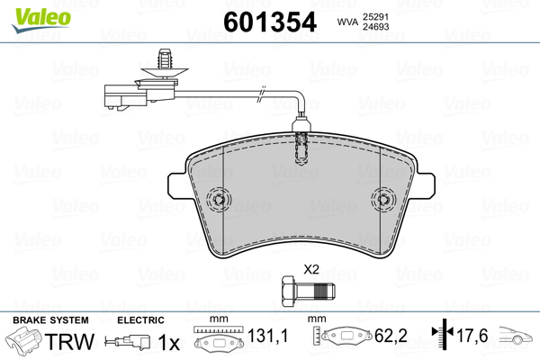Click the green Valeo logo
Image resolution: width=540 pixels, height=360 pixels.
coord(41,20)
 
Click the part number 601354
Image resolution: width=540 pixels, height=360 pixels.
coord(270,22)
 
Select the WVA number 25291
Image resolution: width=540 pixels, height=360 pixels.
coord(375,17)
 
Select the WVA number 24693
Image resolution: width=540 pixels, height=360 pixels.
coord(375,26)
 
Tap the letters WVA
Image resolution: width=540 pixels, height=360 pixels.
coord(347,22)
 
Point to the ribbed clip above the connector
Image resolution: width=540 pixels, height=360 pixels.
coord(166,64)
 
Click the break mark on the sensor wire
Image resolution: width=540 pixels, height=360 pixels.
coord(262,94)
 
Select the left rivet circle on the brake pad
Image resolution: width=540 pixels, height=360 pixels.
coord(219,199)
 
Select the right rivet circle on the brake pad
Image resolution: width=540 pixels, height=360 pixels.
coord(383,199)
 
